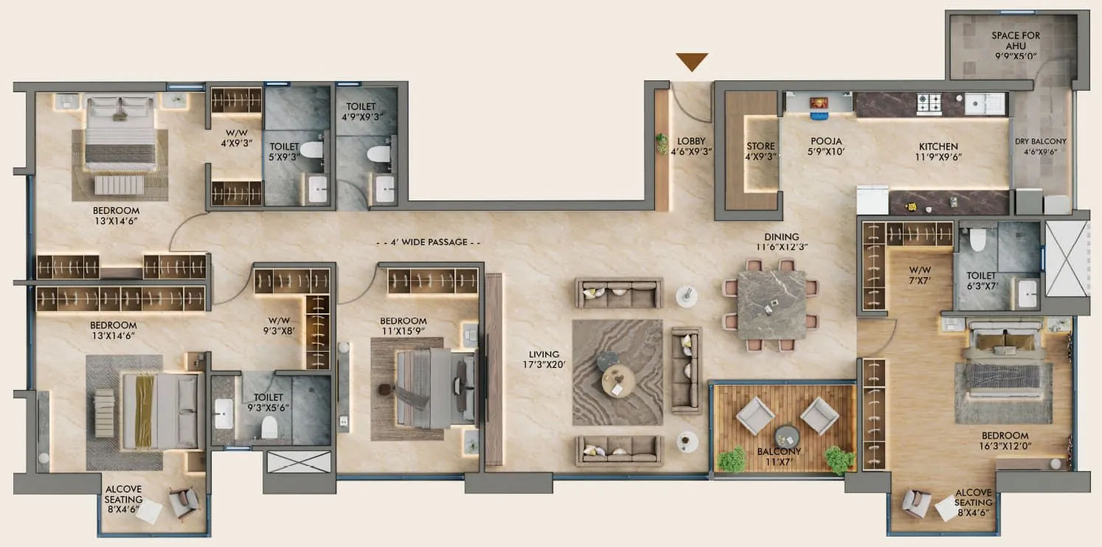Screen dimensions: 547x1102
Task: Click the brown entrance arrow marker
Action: [x=692, y=62]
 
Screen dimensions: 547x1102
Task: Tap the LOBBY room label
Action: [x=691, y=146]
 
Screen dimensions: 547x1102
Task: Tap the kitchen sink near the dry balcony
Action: [x=985, y=103]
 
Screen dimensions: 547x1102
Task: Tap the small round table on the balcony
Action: [x=786, y=434]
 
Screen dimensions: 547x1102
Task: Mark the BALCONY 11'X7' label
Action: [x=783, y=457]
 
